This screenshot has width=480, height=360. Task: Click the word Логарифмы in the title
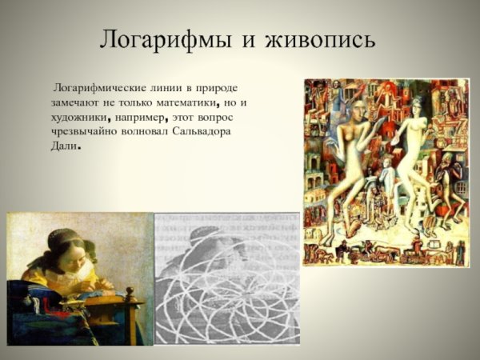163,40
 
